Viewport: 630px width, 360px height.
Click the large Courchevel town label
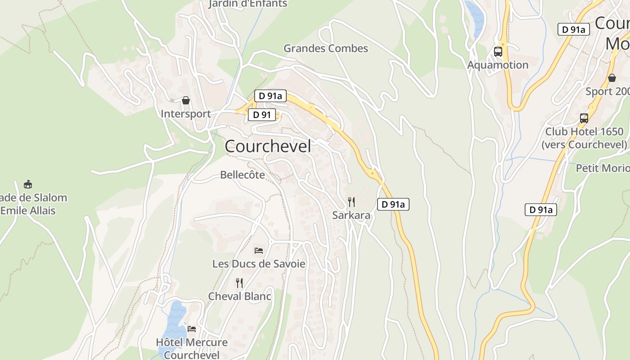tap(268, 146)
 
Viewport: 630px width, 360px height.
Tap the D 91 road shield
tap(262, 115)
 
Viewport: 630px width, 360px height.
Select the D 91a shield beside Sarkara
tap(393, 204)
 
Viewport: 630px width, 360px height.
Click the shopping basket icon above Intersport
tap(186, 100)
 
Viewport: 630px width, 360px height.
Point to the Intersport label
tap(186, 114)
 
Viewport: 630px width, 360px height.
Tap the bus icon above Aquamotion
tap(498, 51)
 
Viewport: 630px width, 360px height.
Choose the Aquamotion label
tap(498, 65)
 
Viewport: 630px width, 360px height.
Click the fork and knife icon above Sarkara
tap(351, 202)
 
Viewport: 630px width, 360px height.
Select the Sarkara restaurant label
tap(351, 216)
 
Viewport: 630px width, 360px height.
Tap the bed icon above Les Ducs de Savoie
tap(258, 250)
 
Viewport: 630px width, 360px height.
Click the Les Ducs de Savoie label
tap(259, 264)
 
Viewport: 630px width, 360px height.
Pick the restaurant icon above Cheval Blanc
tap(239, 283)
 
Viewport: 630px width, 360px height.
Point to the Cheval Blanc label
tap(239, 296)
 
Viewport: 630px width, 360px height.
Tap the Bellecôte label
tap(243, 175)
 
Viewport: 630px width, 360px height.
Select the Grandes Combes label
tap(326, 48)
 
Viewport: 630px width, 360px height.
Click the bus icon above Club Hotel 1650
tap(584, 118)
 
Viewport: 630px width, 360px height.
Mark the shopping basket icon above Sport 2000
tap(612, 78)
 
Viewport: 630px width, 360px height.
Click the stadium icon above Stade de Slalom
tap(28, 184)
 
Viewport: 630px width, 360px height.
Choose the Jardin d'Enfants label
tap(248, 4)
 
